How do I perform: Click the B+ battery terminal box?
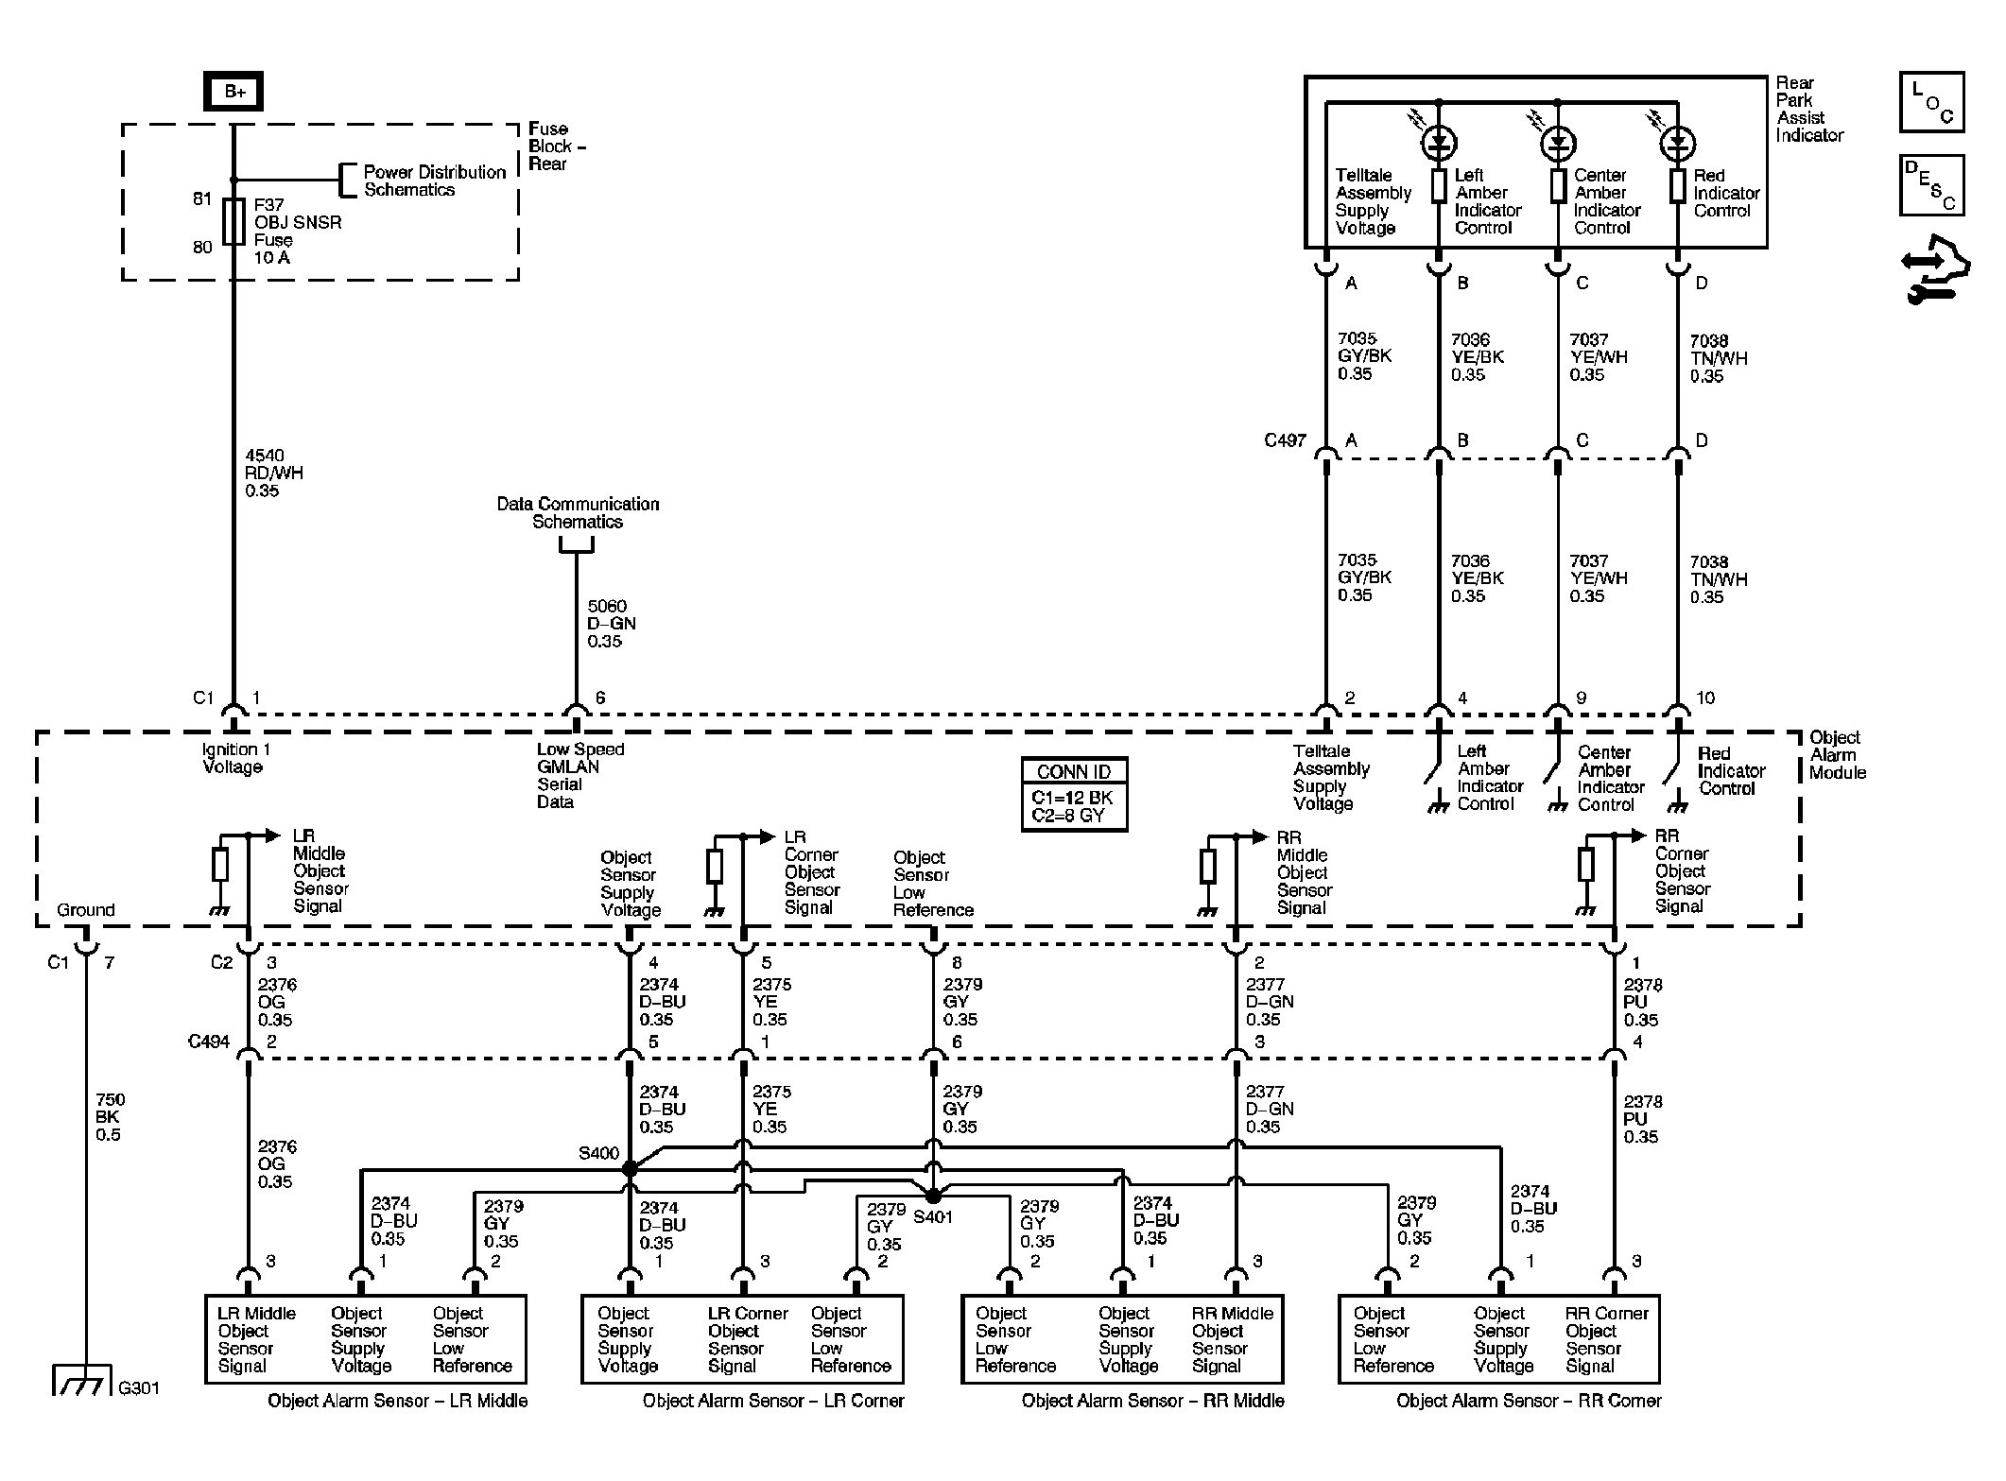tap(233, 92)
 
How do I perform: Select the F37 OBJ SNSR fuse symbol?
tap(233, 221)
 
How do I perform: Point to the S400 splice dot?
tap(630, 1169)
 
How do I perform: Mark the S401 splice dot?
tap(933, 1197)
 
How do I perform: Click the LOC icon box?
tap(1931, 102)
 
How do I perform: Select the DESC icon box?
tap(1931, 185)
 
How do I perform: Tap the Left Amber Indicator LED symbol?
tap(1439, 144)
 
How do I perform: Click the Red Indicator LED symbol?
tap(1678, 144)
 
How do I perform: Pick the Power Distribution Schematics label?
tap(434, 181)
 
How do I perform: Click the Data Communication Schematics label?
tap(578, 512)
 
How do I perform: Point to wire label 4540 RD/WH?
tap(274, 473)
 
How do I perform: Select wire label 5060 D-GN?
tap(611, 624)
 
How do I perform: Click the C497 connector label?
tap(1284, 440)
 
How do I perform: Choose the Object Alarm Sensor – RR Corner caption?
tap(1528, 1401)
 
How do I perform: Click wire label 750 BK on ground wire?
tap(110, 1117)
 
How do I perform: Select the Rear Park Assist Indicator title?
tap(1808, 109)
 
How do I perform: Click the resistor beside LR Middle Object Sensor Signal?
tap(220, 865)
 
